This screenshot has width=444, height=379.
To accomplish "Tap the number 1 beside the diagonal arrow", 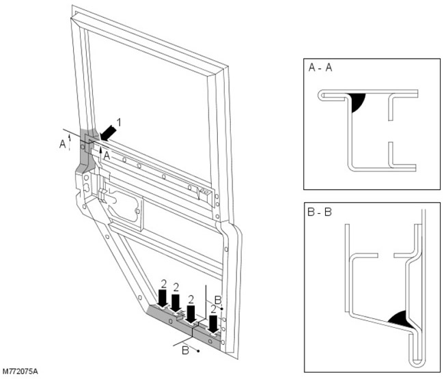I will [120, 122].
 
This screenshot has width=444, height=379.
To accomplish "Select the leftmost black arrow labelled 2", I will [163, 298].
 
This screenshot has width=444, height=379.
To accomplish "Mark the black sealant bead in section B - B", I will [399, 318].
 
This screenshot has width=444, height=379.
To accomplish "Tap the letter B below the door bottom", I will [185, 350].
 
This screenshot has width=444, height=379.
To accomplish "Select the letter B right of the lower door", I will [217, 299].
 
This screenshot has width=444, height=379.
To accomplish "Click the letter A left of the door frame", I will [63, 144].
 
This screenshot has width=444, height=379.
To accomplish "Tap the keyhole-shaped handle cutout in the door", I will [123, 205].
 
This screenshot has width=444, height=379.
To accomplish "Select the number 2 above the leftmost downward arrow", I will [163, 282].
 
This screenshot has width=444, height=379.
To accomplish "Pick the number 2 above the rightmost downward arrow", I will [214, 309].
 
